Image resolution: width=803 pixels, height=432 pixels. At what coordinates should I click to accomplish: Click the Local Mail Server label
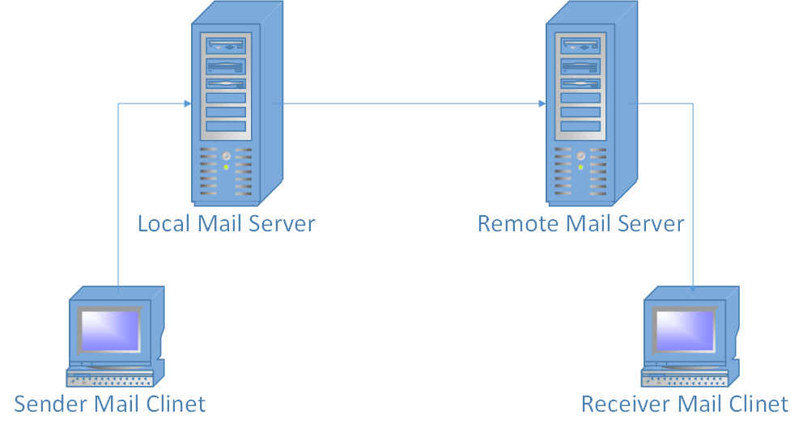pos(226,223)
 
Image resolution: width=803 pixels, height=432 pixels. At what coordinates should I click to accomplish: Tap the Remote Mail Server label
pos(580,223)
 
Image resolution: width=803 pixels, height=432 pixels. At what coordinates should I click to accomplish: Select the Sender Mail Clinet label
pos(110,403)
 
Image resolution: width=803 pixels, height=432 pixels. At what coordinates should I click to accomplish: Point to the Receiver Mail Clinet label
pos(684,403)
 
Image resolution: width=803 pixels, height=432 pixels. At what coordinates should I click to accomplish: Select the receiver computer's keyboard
pos(685,378)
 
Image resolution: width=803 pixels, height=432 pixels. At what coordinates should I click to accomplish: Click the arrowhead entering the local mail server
pos(187,104)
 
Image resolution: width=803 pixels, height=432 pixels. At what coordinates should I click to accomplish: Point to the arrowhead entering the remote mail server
pos(541,104)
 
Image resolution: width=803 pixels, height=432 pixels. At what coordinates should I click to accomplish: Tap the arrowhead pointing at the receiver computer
pos(693,287)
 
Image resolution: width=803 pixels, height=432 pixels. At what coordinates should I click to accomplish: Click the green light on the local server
pos(227,167)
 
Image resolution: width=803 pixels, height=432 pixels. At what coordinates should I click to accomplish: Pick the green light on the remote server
pos(580,167)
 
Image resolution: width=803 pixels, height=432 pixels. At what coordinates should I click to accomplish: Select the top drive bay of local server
pos(226,46)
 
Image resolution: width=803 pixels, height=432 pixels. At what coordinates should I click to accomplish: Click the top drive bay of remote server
pos(580,46)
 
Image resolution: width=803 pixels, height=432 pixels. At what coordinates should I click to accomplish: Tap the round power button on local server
pos(227,155)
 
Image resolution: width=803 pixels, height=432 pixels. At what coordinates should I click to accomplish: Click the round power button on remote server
pos(580,155)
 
